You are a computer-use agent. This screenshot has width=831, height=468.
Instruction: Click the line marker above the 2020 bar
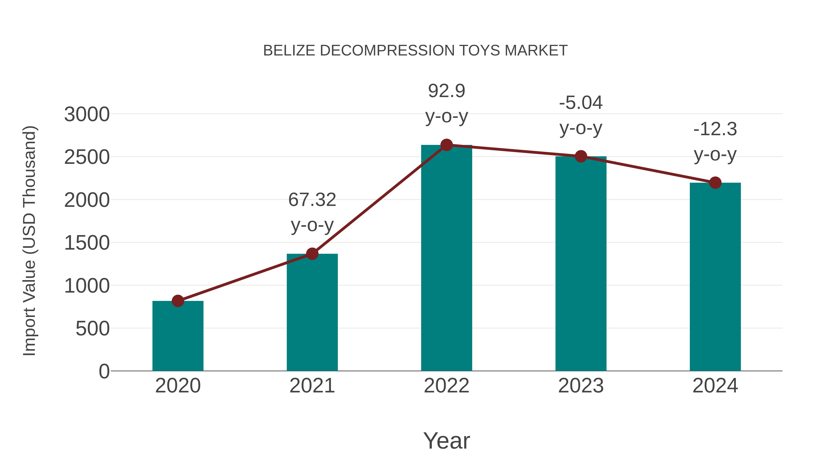pyautogui.click(x=178, y=301)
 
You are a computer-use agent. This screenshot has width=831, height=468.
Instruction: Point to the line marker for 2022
pyautogui.click(x=446, y=145)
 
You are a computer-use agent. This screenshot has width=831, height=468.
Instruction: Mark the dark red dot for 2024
pyautogui.click(x=715, y=183)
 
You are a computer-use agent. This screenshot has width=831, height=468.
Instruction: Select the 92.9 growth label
pyautogui.click(x=446, y=91)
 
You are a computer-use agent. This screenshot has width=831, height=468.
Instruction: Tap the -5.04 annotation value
pyautogui.click(x=581, y=103)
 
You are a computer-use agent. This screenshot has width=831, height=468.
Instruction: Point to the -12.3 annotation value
pyautogui.click(x=715, y=129)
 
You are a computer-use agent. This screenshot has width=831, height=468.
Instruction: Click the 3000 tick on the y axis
pyautogui.click(x=87, y=114)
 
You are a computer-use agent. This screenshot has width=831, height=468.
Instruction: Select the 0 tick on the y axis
pyautogui.click(x=104, y=371)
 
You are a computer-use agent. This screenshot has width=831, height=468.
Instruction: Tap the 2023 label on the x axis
pyautogui.click(x=581, y=386)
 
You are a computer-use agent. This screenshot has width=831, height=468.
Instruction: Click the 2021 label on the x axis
pyautogui.click(x=312, y=386)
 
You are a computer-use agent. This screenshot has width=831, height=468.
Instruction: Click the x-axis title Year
pyautogui.click(x=446, y=441)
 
